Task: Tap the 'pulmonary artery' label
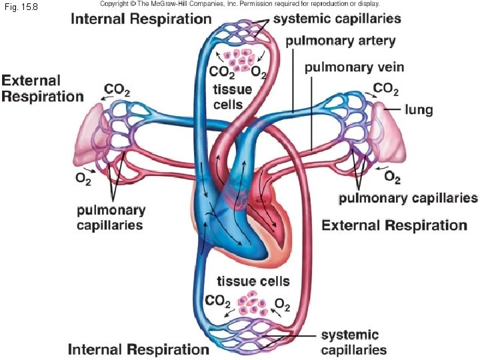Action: (340, 41)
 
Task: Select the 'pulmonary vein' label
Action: (354, 67)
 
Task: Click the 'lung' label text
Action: (419, 109)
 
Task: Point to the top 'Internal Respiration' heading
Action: (141, 18)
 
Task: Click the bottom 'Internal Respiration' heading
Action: (139, 349)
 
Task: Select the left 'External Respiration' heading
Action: (42, 88)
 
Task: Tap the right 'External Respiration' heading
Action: (394, 225)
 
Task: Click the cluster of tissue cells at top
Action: (239, 58)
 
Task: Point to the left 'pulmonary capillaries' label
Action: (111, 217)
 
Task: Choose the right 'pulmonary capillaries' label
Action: (408, 198)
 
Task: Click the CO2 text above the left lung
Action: (117, 89)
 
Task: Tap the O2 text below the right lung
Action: (393, 177)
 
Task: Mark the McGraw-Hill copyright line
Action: (239, 4)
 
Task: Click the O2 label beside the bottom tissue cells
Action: (283, 306)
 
